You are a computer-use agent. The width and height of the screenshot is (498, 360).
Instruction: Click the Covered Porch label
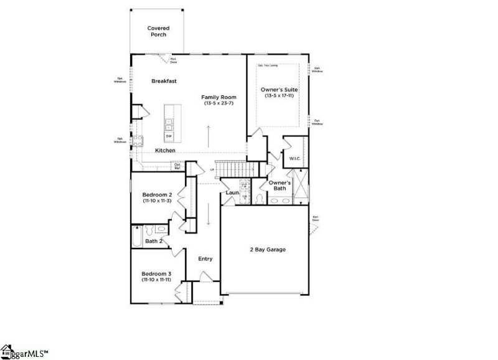(x=158, y=31)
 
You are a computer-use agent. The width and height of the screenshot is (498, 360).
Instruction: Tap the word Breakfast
(x=164, y=81)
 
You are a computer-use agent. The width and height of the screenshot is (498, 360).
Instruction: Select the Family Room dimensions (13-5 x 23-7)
(x=217, y=103)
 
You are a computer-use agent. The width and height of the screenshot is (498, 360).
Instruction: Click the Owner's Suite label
(x=280, y=90)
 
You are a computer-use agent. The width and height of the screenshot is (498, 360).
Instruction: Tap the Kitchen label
(x=165, y=151)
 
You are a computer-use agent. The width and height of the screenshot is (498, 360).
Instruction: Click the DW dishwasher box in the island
(x=169, y=135)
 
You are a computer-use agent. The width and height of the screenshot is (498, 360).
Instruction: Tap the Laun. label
(x=233, y=193)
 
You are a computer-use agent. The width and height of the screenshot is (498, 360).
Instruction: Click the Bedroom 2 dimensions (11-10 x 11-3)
(x=157, y=201)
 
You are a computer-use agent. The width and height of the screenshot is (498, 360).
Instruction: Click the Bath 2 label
(x=154, y=241)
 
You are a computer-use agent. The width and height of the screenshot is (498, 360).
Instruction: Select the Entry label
(x=205, y=258)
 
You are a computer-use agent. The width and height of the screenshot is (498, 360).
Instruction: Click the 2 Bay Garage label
(x=268, y=250)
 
